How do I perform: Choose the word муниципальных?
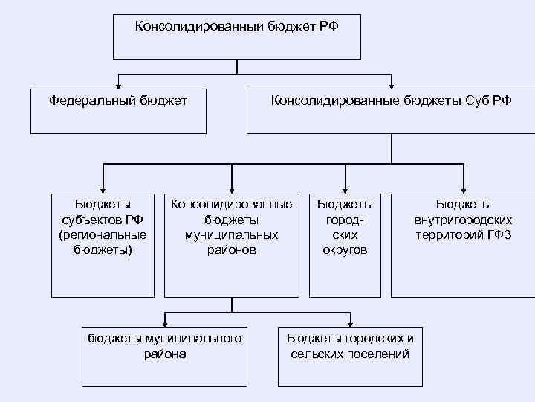click(x=232, y=234)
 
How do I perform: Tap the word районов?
click(x=232, y=250)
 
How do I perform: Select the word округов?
click(x=345, y=250)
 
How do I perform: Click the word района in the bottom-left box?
click(x=165, y=354)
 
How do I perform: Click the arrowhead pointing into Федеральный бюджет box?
click(x=118, y=83)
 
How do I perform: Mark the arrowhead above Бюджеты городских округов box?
click(x=345, y=188)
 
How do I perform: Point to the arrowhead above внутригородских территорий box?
click(x=463, y=188)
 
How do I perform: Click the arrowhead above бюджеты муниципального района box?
click(x=165, y=320)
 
